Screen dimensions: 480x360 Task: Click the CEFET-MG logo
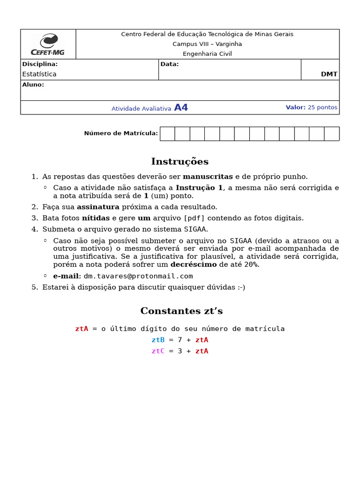[x=48, y=45]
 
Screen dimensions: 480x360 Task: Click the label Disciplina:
[x=40, y=64]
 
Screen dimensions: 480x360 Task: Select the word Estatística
[x=39, y=74]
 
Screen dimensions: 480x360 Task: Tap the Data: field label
[x=169, y=64]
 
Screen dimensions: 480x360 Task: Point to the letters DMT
[x=329, y=74]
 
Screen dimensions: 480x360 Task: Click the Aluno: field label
[x=33, y=85]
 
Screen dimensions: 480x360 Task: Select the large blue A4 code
[x=181, y=108]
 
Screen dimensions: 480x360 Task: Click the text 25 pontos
[x=322, y=107]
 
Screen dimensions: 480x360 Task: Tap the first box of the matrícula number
[x=167, y=134]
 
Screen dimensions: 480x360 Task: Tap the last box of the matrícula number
[x=331, y=134]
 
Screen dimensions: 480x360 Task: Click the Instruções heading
[x=180, y=162]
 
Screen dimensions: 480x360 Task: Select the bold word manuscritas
[x=208, y=177]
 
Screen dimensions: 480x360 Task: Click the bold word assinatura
[x=98, y=207]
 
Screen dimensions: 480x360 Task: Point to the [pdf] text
[x=194, y=218]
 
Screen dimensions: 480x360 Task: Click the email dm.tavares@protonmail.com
[x=138, y=276]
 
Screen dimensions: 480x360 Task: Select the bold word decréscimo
[x=193, y=264]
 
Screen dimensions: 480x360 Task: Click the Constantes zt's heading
[x=181, y=311]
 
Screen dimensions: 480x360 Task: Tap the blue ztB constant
[x=158, y=340]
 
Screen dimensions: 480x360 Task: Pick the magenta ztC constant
[x=158, y=351]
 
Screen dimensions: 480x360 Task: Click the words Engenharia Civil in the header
[x=207, y=54]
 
